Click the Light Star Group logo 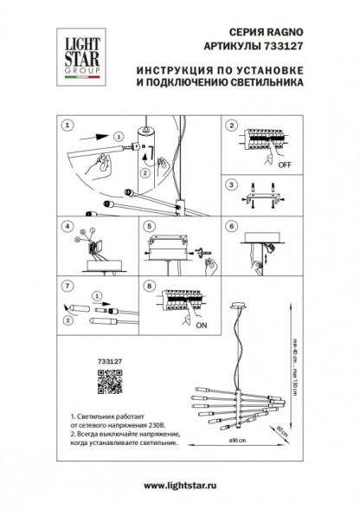[x=76, y=55]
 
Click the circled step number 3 [x=230, y=184]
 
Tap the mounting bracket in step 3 [x=260, y=201]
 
